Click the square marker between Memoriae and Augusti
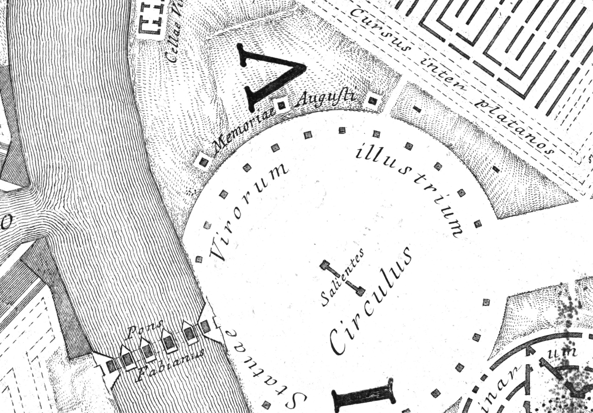[x=281, y=105]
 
